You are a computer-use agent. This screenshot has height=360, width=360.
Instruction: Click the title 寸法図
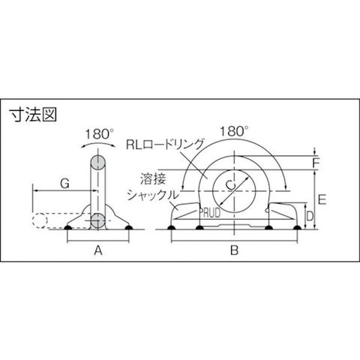point(33,115)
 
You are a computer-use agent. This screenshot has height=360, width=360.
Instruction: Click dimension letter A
point(98,250)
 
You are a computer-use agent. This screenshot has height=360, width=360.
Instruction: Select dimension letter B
point(235,250)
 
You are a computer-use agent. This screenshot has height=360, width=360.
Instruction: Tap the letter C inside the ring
point(230,184)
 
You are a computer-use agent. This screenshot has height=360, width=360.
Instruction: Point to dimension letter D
point(310,217)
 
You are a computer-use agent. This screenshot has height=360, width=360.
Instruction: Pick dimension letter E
point(322,199)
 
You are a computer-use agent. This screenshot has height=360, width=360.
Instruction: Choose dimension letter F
point(316,163)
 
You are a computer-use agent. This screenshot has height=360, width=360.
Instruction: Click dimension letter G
point(65,184)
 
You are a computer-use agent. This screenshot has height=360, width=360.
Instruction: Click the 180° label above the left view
point(97,134)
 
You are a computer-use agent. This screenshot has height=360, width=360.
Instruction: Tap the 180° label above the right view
point(234,131)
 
